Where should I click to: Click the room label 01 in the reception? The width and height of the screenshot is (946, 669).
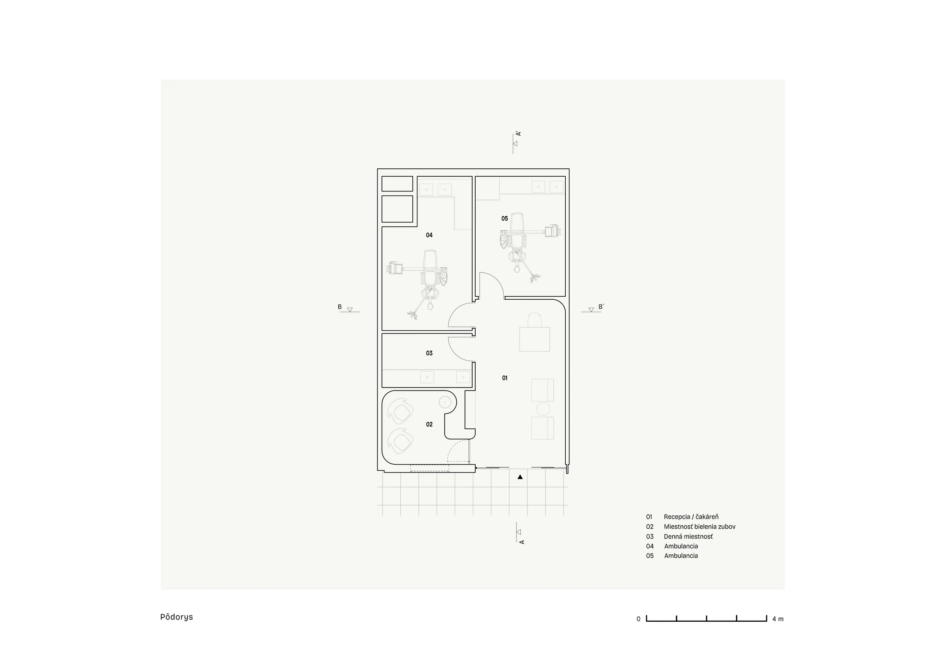click(x=505, y=378)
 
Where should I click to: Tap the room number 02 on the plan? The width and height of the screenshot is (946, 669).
click(x=429, y=424)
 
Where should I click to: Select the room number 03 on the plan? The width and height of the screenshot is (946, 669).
click(x=429, y=353)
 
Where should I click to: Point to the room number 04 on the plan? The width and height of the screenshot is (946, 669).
click(x=429, y=235)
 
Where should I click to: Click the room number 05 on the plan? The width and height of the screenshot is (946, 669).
click(x=505, y=219)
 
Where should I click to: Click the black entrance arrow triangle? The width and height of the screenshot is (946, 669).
click(x=520, y=477)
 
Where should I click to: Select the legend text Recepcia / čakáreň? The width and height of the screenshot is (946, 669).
click(x=691, y=517)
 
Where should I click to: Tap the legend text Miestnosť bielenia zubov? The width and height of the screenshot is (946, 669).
click(x=699, y=526)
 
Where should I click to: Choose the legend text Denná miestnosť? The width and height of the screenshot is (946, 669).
click(x=688, y=536)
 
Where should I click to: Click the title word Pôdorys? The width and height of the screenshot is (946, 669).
click(x=176, y=617)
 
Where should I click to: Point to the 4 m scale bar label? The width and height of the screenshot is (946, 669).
click(x=778, y=619)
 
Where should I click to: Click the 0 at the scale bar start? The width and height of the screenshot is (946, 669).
click(x=639, y=619)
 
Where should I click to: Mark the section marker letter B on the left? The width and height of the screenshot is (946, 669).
click(x=340, y=307)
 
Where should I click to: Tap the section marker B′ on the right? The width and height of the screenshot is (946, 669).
click(x=601, y=307)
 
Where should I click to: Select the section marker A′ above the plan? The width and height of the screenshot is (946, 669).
click(x=519, y=134)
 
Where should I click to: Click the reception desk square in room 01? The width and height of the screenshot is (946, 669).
click(x=534, y=339)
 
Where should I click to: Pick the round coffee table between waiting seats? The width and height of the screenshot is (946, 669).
click(x=543, y=409)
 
